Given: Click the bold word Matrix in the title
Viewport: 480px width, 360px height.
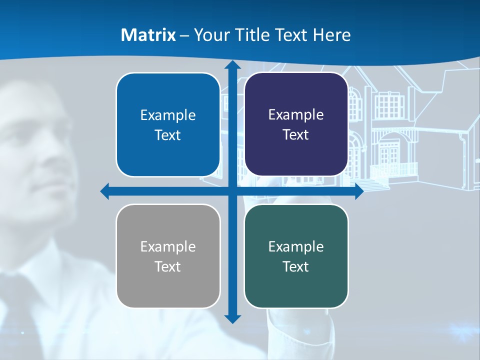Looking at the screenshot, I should [x=148, y=35].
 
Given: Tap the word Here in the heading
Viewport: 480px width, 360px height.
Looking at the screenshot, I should [x=331, y=35].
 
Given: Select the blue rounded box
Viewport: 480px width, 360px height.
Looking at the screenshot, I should [x=168, y=125].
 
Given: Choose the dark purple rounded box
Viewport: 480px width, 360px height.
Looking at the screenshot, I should [x=296, y=124].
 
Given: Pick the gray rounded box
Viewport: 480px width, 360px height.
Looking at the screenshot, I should [x=168, y=256].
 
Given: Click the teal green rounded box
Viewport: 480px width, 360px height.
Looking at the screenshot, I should [x=296, y=256].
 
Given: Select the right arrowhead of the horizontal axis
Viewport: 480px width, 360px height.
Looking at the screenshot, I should [x=358, y=191].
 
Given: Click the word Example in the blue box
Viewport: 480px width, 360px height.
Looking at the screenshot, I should [x=168, y=115].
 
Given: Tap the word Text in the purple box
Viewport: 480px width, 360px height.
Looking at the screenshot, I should [x=296, y=135].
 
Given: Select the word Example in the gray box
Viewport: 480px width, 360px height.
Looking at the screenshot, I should [x=168, y=246].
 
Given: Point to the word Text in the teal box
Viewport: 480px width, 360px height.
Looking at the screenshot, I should [x=296, y=266].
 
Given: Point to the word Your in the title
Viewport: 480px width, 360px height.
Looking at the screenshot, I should [x=210, y=35].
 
